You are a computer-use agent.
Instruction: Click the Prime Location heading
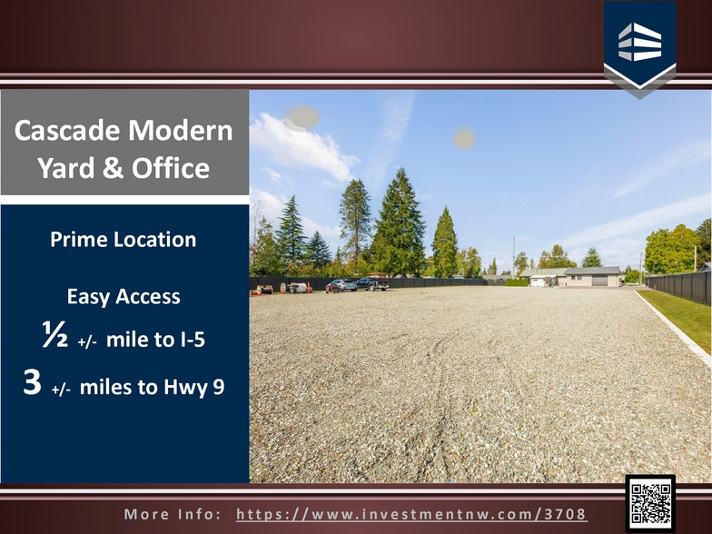click(124, 240)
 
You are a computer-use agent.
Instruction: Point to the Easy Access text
click(124, 296)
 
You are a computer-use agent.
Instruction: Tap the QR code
click(650, 502)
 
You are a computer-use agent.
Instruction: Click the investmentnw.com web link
click(411, 514)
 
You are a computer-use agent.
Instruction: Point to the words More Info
click(173, 514)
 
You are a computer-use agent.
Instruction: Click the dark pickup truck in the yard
click(371, 284)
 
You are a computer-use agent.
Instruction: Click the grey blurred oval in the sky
click(302, 117)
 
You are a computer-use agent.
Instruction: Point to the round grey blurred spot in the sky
click(464, 138)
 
